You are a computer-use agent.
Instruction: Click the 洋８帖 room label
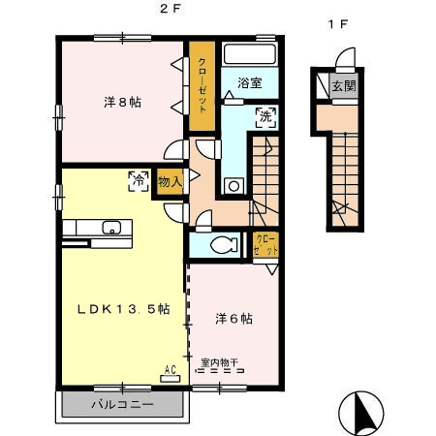coord(122,103)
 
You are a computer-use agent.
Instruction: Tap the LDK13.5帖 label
coord(124,309)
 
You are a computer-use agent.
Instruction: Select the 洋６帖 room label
coord(234,319)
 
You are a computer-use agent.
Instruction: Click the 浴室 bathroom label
coord(250,83)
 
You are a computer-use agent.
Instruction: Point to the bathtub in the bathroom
coord(250,54)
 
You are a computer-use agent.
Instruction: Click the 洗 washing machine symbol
coord(266,117)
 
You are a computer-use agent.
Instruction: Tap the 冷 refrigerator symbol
coord(139,181)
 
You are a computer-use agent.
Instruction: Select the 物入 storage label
coord(170,182)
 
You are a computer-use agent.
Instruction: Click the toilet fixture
coord(224,245)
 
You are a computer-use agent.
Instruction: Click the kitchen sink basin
coord(111,228)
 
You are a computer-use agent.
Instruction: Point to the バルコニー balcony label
coord(122,404)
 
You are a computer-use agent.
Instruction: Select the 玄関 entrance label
coord(344,86)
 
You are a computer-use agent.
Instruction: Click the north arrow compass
coord(361,413)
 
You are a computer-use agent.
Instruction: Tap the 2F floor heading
coord(170,9)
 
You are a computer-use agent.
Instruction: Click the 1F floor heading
coord(338,24)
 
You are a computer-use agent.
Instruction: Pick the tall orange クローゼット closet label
coord(202,85)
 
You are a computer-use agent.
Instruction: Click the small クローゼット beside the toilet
coord(265,244)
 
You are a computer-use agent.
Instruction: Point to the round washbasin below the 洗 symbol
coord(234,186)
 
